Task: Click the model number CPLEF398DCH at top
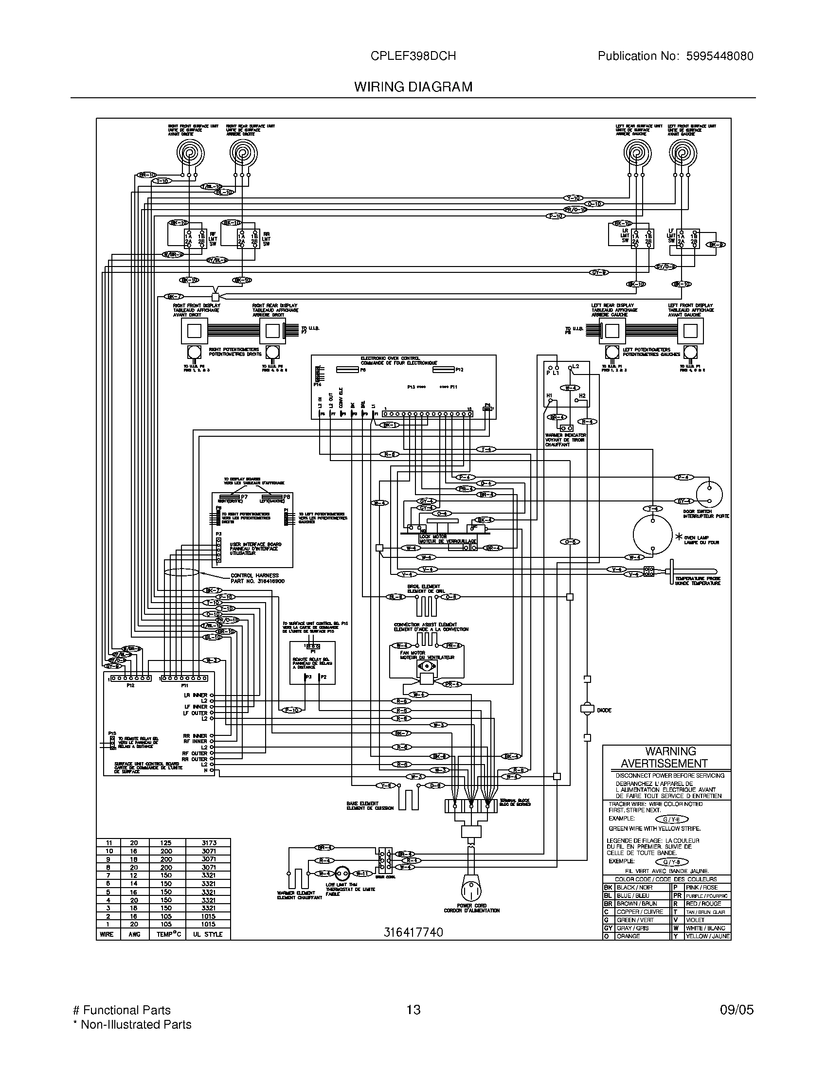413,56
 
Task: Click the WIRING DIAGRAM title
413,87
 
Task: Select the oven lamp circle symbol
652,535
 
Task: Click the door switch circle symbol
709,494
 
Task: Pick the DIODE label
604,711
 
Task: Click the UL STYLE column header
208,934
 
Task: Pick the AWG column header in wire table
134,934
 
